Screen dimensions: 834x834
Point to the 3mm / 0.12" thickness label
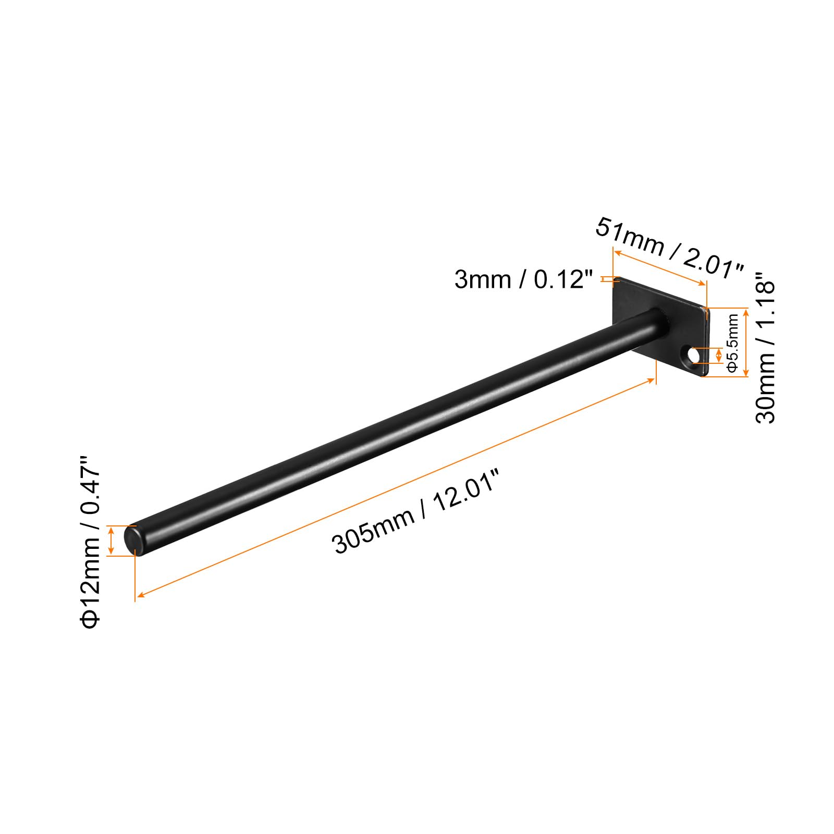[x=524, y=280]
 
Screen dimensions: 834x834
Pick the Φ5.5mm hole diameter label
[x=732, y=344]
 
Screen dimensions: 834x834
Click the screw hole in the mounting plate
[x=694, y=356]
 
